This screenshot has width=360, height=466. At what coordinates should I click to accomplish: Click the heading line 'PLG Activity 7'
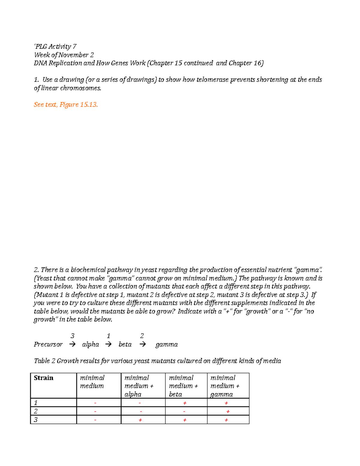tap(55, 47)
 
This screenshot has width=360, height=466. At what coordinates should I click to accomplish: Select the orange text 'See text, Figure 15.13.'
tap(66, 104)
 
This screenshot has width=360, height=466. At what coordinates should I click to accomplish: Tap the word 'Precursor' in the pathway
tap(48, 344)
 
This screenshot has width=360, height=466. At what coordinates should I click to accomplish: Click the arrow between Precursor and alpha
tap(72, 344)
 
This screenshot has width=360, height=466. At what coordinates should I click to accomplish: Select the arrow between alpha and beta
tap(108, 344)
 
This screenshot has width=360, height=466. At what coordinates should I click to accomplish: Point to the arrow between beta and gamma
tap(143, 344)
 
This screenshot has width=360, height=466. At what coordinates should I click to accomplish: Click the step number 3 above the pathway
tap(72, 336)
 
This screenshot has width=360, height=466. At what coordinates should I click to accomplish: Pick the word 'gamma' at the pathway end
tap(166, 344)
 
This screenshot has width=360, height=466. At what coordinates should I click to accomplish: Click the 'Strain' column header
tap(43, 378)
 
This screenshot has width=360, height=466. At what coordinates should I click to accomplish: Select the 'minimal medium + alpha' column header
tap(139, 386)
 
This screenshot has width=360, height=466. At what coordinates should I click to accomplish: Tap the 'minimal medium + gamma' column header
tap(225, 386)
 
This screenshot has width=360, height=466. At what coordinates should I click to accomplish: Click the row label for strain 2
tap(36, 411)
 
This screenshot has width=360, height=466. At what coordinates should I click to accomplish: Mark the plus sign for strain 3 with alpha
tap(140, 420)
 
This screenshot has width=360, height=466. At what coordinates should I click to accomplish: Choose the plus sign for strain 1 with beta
tap(184, 403)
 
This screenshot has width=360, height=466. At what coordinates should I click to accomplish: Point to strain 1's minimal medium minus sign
tap(95, 403)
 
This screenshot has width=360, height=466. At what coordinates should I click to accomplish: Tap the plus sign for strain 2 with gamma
tap(228, 412)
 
